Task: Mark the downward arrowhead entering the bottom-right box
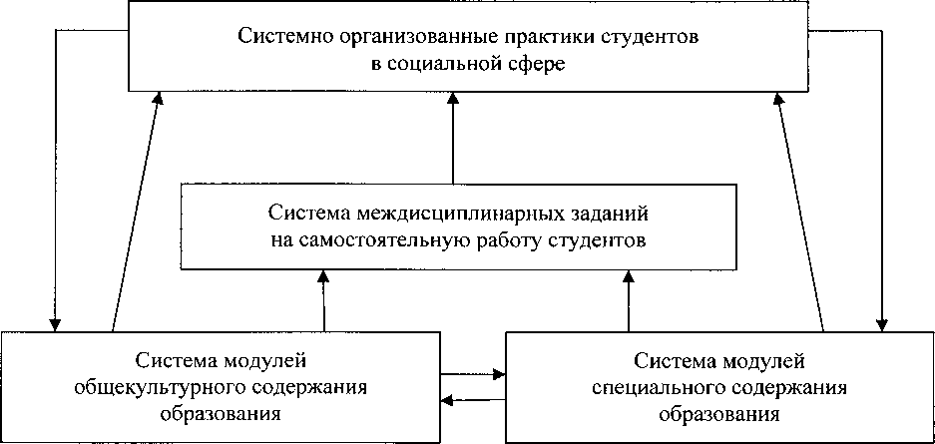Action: [880, 323]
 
